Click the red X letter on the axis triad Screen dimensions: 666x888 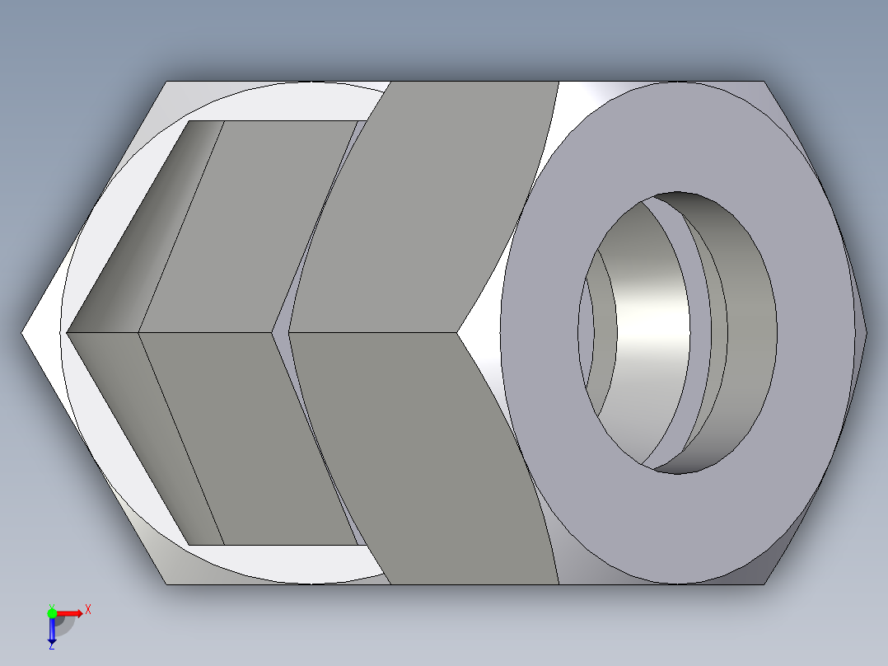tap(88, 609)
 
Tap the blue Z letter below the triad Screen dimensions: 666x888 tap(51, 645)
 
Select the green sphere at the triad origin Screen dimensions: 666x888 tap(52, 612)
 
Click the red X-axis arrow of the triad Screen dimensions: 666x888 tap(71, 613)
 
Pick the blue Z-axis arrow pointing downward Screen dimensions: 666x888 tap(52, 631)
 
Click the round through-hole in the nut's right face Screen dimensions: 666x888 tap(677, 332)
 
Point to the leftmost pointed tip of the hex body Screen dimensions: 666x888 tap(23, 333)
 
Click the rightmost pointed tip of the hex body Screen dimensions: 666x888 tap(866, 333)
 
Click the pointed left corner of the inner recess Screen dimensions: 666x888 tap(68, 333)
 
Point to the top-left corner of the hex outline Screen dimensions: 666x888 tap(167, 82)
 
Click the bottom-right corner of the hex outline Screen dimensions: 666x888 tap(764, 584)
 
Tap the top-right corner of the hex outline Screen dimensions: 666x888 tap(764, 82)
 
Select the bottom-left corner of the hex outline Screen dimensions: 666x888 tap(167, 584)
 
